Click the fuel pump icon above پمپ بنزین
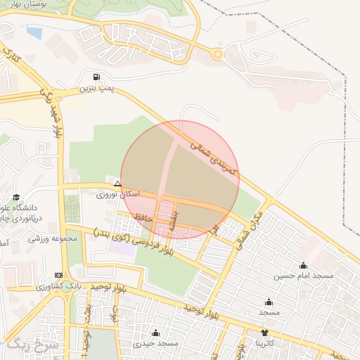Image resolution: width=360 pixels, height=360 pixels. point(95,77)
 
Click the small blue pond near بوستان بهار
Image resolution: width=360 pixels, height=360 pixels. point(34,32)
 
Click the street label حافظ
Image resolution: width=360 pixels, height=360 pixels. point(143,217)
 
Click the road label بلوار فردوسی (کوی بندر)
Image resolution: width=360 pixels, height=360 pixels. point(134,243)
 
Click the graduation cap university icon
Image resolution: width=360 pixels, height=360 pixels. point(15,198)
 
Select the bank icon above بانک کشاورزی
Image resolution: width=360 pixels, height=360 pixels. point(58,275)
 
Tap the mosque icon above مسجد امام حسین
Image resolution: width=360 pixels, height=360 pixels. point(303,266)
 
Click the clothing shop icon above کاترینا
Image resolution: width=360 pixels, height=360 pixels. point(264,333)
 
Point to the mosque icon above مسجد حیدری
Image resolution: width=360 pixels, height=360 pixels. point(155,333)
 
